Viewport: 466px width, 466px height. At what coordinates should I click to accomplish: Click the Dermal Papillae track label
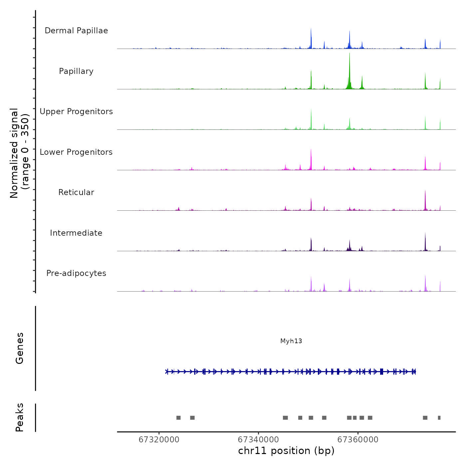tap(76, 31)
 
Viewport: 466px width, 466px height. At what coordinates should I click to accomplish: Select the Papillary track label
tap(76, 71)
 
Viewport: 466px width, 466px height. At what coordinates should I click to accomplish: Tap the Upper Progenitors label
tap(76, 112)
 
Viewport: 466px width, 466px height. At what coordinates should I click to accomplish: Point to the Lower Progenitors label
tap(76, 152)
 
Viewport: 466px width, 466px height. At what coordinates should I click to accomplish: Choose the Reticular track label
tap(76, 192)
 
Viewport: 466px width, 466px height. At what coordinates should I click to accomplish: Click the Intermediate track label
tap(76, 233)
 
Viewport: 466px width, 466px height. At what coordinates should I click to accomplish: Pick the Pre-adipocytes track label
tap(76, 273)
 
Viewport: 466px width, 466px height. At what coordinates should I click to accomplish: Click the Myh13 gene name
tap(291, 341)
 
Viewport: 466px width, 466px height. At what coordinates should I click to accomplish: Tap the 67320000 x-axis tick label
tap(159, 440)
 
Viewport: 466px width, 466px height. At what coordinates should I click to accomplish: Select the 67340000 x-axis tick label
tap(258, 440)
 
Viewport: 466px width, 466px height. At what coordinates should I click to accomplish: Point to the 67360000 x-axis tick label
tap(358, 440)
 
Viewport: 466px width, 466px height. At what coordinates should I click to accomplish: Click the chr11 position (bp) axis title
tap(286, 451)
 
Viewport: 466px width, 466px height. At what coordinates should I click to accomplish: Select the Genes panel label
tap(20, 348)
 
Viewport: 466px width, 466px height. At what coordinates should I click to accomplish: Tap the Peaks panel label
tap(20, 417)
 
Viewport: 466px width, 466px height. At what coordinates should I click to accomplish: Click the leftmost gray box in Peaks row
tap(178, 418)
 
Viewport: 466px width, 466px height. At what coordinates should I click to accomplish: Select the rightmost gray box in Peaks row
tap(439, 418)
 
